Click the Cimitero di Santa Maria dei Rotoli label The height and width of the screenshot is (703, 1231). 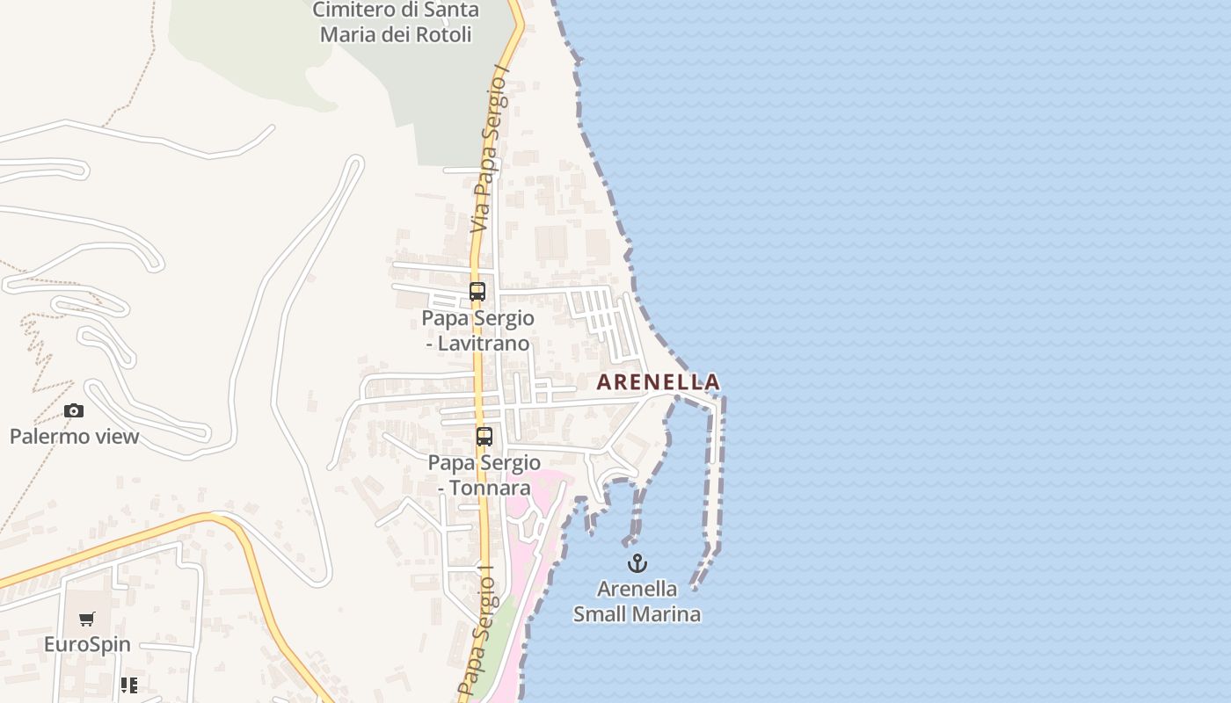point(396,22)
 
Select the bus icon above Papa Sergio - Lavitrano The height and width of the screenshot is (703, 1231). point(477,292)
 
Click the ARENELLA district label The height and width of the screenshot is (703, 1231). point(658,382)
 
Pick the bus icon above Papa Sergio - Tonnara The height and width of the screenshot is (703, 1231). point(484,436)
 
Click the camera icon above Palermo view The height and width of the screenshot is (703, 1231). point(74,410)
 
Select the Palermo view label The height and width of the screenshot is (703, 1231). point(74,436)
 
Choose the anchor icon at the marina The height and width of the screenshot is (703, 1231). point(637,563)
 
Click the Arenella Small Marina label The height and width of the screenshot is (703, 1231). point(637,601)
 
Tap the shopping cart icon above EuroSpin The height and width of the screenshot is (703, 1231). point(87,620)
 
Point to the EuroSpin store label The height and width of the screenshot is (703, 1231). point(87,644)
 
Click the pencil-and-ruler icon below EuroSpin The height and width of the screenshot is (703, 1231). point(129,685)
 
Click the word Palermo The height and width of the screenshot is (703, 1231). point(49,436)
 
